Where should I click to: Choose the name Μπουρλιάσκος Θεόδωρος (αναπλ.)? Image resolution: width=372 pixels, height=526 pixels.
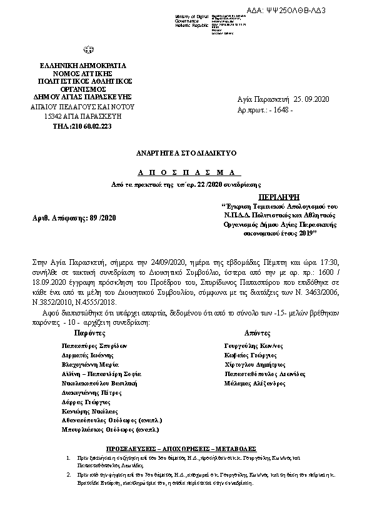[x=110, y=430]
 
